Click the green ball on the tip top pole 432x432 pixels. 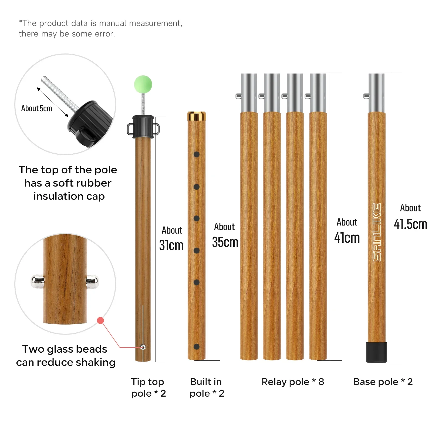click(x=143, y=84)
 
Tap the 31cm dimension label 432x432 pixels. click(x=171, y=245)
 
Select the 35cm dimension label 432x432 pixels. click(x=225, y=242)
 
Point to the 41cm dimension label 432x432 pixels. click(x=347, y=238)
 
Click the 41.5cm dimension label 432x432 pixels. click(x=410, y=224)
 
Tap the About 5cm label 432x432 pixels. click(x=37, y=108)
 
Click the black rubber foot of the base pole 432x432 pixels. click(x=377, y=352)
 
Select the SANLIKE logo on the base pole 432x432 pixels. click(x=377, y=232)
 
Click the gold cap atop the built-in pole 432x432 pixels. click(x=197, y=116)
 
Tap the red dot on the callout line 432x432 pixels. click(x=100, y=320)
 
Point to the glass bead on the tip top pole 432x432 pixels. click(x=143, y=347)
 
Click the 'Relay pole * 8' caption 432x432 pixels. click(x=293, y=382)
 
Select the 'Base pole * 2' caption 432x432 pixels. click(x=383, y=382)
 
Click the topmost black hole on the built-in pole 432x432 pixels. click(x=197, y=154)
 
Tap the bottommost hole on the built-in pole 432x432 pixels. click(x=197, y=347)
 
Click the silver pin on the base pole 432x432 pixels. click(x=366, y=96)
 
